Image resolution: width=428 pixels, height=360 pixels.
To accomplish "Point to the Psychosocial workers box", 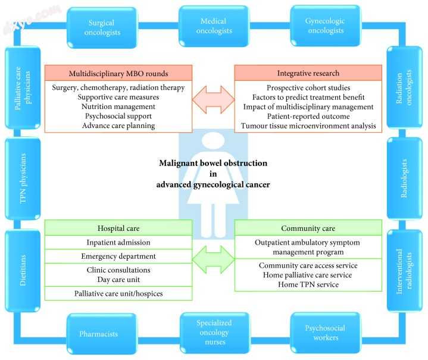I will click(324, 333).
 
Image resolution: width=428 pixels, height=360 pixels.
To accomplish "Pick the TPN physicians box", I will click(23, 177).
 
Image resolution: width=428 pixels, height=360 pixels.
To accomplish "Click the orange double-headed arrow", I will click(213, 98).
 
